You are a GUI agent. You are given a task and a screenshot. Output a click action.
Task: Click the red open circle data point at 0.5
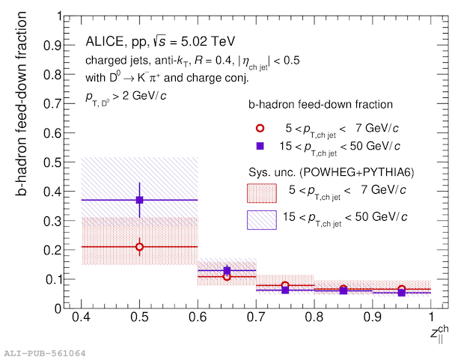(139, 246)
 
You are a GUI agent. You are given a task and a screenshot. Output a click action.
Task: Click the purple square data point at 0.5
(139, 200)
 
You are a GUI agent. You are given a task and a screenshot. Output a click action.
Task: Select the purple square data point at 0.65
(227, 270)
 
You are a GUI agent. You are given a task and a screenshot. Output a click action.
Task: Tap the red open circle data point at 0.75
(285, 285)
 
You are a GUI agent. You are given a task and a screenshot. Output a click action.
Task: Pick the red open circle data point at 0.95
(402, 289)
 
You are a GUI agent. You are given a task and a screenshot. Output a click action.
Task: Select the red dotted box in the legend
(261, 192)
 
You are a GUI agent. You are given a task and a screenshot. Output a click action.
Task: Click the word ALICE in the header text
(106, 40)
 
